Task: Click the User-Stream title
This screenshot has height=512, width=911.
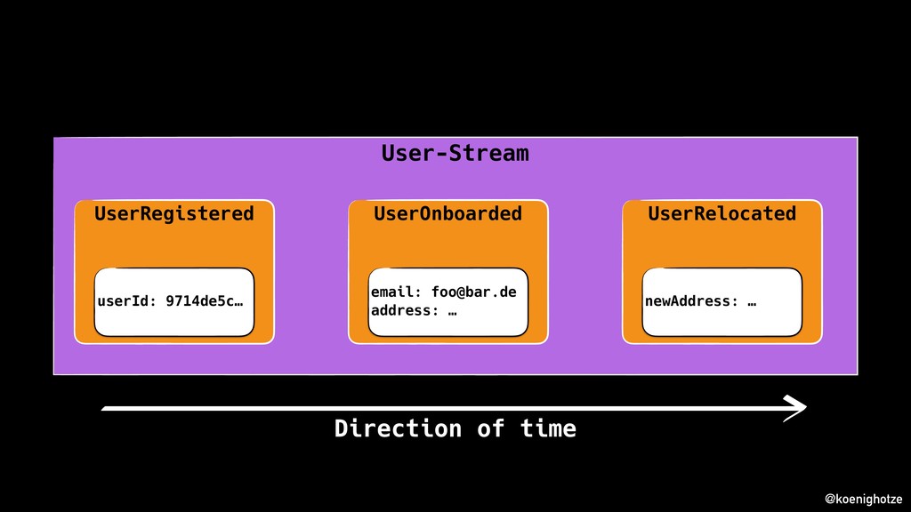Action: [x=455, y=153]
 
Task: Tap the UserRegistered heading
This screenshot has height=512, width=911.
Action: [x=173, y=213]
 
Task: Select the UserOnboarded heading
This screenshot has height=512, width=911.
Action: [x=447, y=213]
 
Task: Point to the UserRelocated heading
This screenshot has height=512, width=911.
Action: [x=722, y=213]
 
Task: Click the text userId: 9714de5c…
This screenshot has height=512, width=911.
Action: [x=170, y=301]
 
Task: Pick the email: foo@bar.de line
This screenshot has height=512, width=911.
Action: [x=443, y=292]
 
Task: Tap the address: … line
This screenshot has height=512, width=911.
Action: [x=407, y=310]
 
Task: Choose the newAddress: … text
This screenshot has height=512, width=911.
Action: [x=700, y=301]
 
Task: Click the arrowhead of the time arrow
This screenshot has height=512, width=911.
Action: [x=796, y=407]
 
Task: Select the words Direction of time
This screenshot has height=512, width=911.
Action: [x=455, y=428]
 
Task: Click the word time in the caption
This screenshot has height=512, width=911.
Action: [x=548, y=428]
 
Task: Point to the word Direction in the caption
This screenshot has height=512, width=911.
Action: [x=398, y=428]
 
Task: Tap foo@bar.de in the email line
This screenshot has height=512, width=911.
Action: [x=473, y=292]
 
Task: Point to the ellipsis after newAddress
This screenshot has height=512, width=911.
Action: [x=752, y=301]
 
